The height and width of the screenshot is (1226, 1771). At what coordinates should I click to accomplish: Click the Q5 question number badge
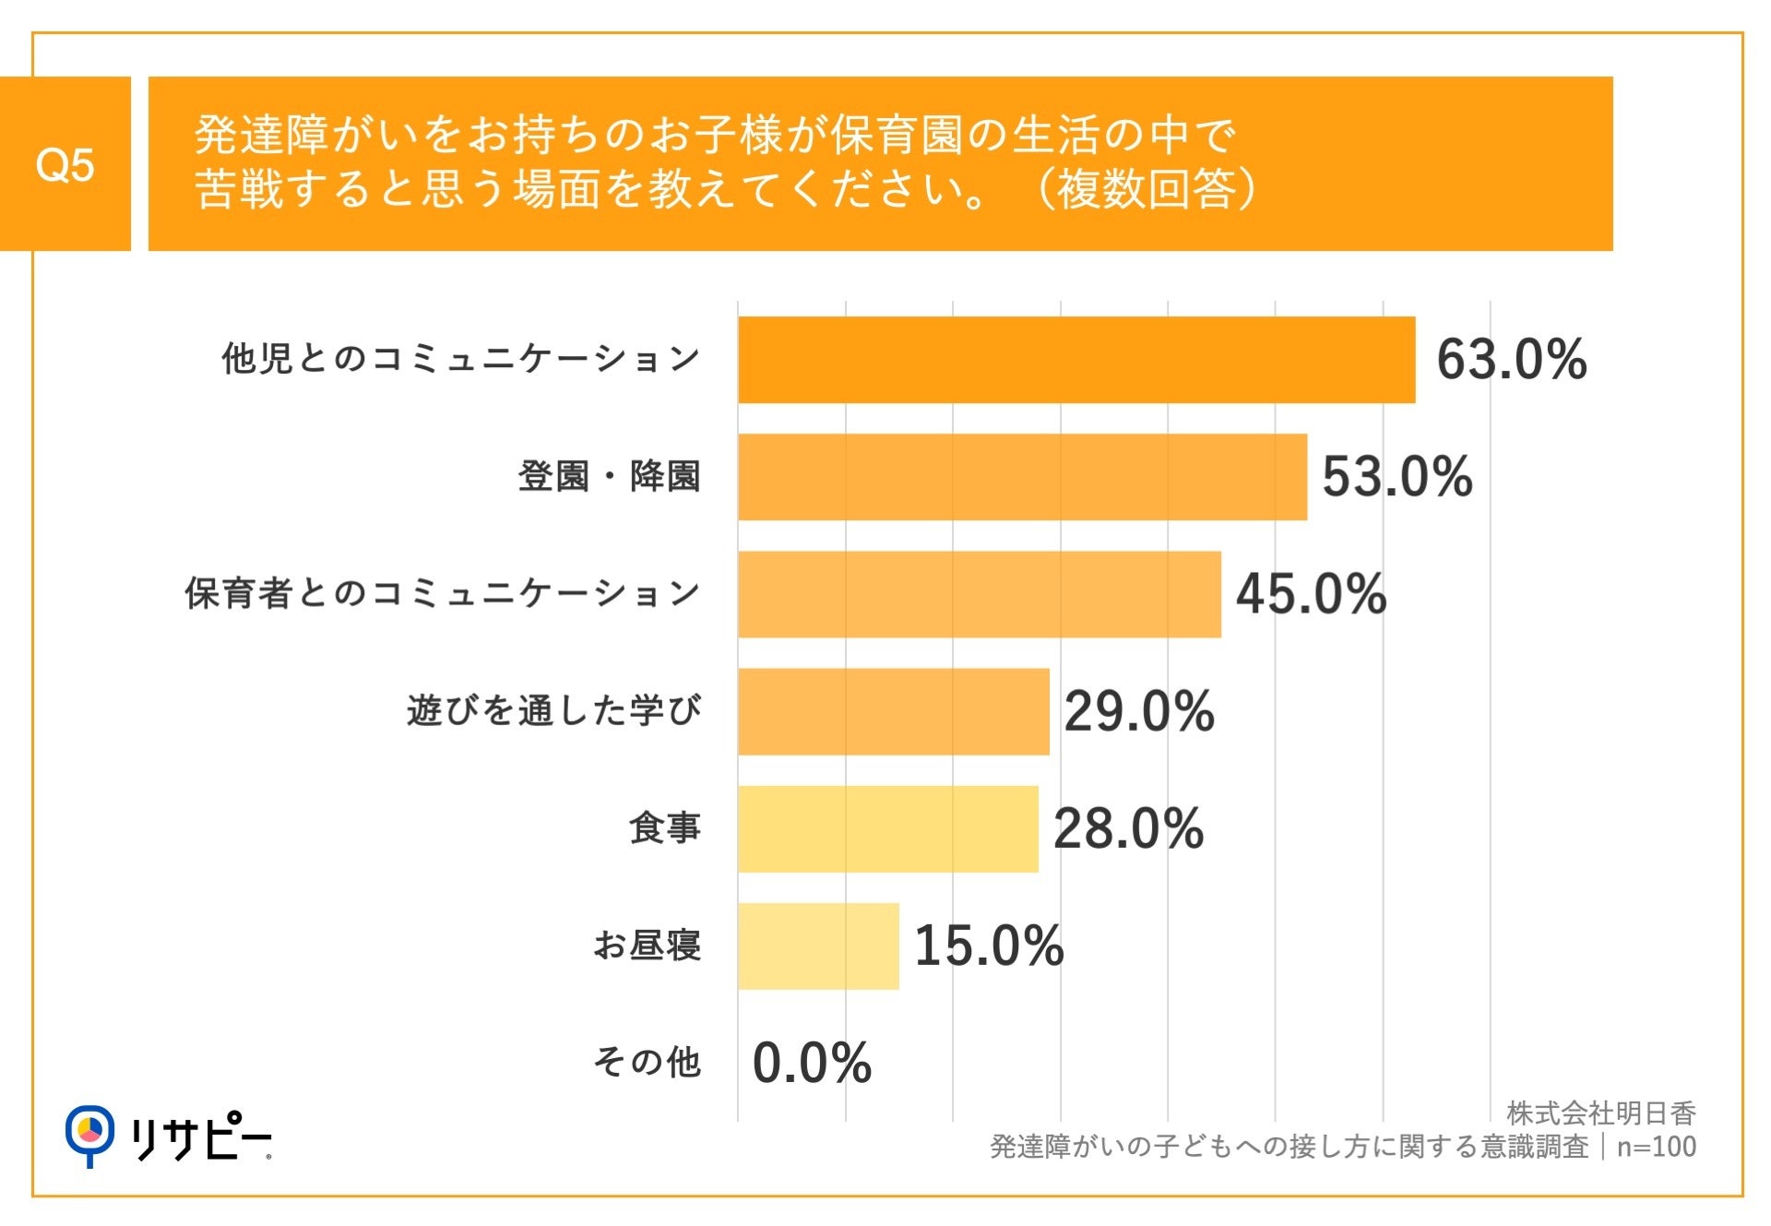65,164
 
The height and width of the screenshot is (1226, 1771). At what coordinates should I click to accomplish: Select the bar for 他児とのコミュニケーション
1076,360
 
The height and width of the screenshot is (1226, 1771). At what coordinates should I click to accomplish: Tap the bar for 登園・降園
1022,477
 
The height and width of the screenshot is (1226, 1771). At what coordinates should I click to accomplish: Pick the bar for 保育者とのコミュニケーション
979,594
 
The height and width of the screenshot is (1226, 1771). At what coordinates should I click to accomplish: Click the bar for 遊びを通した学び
893,711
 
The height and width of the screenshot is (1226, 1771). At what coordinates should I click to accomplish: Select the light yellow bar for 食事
887,828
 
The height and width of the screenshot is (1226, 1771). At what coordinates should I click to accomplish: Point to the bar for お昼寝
817,946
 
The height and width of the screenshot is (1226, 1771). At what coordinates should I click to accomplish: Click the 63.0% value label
1511,360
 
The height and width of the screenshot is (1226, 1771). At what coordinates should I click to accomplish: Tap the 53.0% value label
1397,477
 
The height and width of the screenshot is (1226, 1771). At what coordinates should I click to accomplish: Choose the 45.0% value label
1311,594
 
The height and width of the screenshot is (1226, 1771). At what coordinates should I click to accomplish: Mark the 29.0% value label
1139,711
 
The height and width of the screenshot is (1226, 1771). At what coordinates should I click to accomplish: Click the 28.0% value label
1128,828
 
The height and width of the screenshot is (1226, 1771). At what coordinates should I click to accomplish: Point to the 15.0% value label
989,946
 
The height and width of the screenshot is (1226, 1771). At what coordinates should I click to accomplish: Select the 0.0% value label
812,1063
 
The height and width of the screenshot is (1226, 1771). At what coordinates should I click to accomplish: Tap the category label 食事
664,828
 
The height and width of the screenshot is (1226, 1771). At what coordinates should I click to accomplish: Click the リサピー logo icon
89,1134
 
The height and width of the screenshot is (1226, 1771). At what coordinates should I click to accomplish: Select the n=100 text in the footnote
1656,1147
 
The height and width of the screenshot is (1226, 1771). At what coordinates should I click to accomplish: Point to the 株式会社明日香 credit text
1600,1113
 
